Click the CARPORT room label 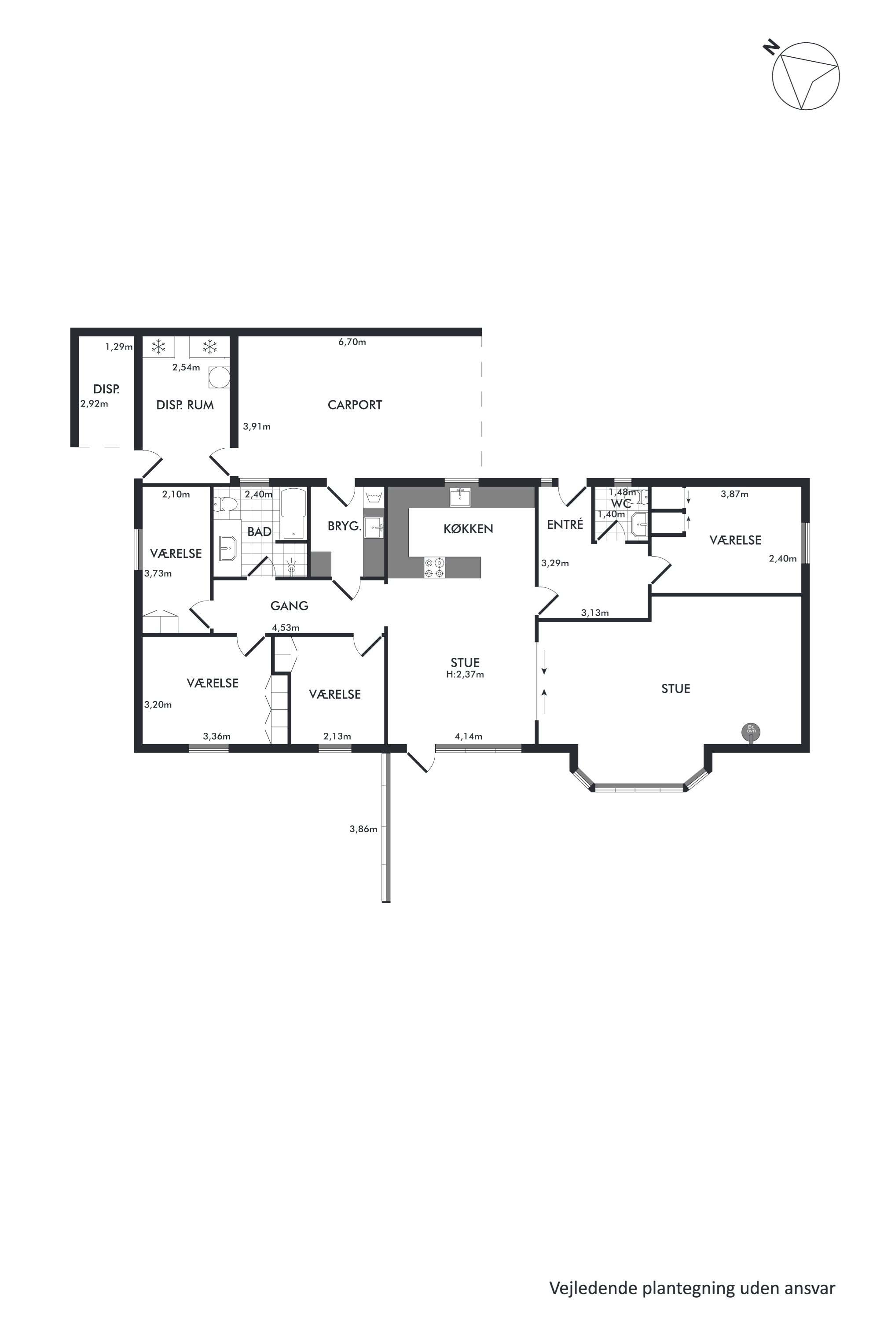coord(355,405)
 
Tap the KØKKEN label coord(468,528)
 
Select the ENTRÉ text coord(565,524)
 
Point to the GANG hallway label coord(290,605)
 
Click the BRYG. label coord(344,526)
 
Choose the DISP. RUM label coord(185,405)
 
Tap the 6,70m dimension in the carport coord(352,342)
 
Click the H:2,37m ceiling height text coord(465,675)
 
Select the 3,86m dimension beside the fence coord(363,829)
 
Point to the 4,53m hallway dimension coord(286,627)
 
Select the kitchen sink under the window coord(460,497)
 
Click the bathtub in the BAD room coord(294,514)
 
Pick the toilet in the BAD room coord(226,504)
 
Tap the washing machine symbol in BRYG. coord(373,498)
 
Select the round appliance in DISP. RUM coord(219,377)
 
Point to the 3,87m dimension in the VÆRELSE coord(735,494)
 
